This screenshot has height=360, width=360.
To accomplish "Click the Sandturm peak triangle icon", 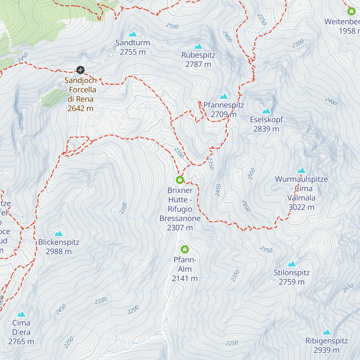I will pos(133,34).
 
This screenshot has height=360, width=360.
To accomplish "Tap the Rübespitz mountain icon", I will pos(198,46).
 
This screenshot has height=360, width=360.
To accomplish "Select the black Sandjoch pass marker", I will pos(80,70).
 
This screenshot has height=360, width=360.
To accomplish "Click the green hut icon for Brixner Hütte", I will pos(180,180).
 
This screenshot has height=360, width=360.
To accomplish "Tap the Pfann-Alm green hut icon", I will pos(185,249).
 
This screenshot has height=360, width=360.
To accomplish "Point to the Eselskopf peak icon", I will pos(266,111).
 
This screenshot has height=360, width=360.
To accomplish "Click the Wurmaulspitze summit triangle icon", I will pos(301,170).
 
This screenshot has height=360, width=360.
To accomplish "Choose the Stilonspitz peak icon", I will pos(292,264).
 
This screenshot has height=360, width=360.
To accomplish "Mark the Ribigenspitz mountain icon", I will pos(327,332).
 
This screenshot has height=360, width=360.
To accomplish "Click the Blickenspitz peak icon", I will pos(59,233).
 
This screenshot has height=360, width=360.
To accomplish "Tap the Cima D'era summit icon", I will pos(21,314).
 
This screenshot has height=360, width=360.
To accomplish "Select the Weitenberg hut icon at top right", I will pos(351,11).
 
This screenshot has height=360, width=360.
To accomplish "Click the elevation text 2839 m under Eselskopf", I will pos(266,129).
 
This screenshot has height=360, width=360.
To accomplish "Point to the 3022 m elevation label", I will pos(301,207).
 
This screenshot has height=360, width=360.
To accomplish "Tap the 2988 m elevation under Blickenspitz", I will pos(58,251).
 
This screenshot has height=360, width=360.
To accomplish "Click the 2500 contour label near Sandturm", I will pos(172,26).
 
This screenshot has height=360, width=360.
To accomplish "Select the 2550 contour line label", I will pos(266,250).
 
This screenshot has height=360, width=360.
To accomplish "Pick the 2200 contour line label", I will pos(133,310).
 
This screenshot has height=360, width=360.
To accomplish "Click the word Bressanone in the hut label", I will pos(180,218).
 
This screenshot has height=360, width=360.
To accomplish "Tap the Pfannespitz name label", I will pos(224,105).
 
